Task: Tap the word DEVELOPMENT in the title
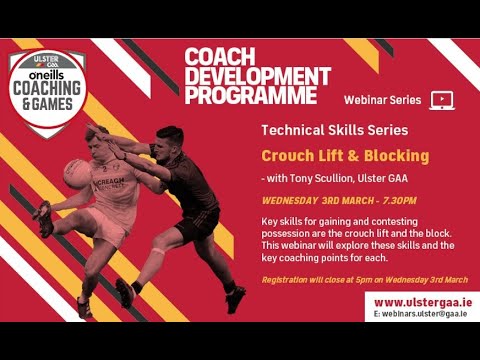pyautogui.click(x=257, y=76)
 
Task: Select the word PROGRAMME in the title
pyautogui.click(x=251, y=95)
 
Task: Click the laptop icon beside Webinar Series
pyautogui.click(x=442, y=100)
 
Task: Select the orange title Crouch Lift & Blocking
pyautogui.click(x=345, y=156)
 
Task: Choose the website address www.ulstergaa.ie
pyautogui.click(x=423, y=302)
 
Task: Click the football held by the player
pyautogui.click(x=76, y=174)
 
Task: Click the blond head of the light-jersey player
pyautogui.click(x=98, y=138)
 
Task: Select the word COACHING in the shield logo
pyautogui.click(x=46, y=86)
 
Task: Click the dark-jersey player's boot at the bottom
pyautogui.click(x=236, y=297)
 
